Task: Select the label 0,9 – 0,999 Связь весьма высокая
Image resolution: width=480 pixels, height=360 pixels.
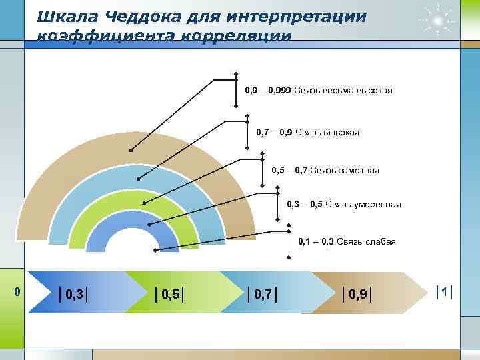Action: [x=318, y=90]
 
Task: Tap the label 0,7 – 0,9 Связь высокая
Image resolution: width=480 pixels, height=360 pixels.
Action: [x=307, y=133]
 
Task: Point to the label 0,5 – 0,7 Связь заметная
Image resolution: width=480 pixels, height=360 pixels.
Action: [x=325, y=171]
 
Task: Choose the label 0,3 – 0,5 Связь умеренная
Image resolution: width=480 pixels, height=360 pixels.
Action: [x=343, y=204]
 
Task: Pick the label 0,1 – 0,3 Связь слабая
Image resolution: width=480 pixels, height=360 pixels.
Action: [x=347, y=241]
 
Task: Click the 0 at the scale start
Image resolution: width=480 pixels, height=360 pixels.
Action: [x=18, y=291]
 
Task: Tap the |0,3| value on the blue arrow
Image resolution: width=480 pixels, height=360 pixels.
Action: [x=75, y=293]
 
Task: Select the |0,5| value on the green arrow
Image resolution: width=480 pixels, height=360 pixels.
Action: [x=169, y=293]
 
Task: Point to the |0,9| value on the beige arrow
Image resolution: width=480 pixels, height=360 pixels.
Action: [x=357, y=293]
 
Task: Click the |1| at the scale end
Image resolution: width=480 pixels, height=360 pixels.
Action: [x=444, y=292]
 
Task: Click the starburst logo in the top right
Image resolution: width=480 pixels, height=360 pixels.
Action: [x=437, y=20]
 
